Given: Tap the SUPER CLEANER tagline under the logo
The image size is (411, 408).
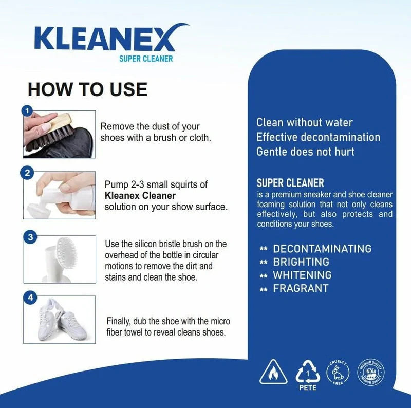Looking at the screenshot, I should click(147, 59).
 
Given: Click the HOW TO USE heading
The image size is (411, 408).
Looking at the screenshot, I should click(87, 89).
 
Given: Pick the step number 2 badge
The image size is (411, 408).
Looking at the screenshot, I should click(28, 173).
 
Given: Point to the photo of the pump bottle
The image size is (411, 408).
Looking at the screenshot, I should click(59, 195).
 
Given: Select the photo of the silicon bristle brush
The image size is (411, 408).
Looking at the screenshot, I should click(59, 259).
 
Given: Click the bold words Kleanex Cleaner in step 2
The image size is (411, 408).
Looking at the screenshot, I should click(140, 196).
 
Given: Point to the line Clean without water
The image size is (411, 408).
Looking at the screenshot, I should click(304, 122).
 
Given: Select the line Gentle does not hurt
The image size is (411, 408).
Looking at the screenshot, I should click(305, 152).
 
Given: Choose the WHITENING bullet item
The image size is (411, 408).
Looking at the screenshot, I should click(302, 275).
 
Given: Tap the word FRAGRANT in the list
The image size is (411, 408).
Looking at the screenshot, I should click(301, 288).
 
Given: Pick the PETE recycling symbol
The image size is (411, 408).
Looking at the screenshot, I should click(308, 374).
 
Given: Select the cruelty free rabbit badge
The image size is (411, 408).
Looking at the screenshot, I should click(338, 372).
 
